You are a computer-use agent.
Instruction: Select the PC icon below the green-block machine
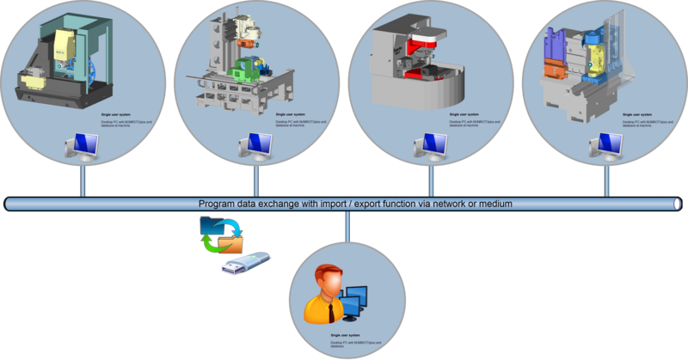pos(255,147)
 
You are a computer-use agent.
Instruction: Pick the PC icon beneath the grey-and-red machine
pos(430,147)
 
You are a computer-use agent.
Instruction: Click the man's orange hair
pos(326,272)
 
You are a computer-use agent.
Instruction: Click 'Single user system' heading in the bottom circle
pos(344,335)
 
